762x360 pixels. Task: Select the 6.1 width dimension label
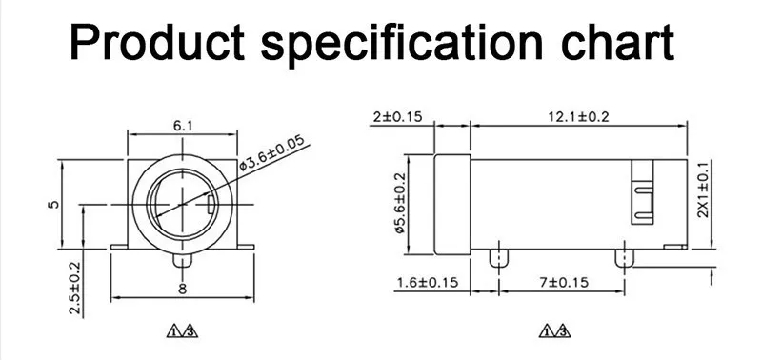point(183,126)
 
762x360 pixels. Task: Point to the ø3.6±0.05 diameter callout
point(272,152)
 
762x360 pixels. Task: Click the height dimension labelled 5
point(54,204)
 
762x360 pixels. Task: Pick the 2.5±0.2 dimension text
point(74,288)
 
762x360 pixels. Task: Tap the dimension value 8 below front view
point(182,290)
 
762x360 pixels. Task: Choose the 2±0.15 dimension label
point(398,116)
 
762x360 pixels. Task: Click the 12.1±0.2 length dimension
point(579,116)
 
